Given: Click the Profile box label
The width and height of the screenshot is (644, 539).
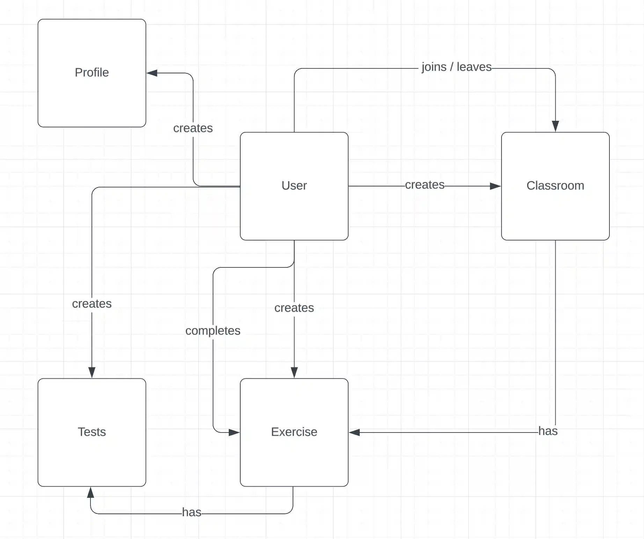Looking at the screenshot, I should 92,73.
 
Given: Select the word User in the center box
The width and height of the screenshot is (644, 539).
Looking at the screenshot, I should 294,186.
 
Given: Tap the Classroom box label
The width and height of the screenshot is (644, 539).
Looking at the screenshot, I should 555,186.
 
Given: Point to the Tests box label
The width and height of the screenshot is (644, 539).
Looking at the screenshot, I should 92,432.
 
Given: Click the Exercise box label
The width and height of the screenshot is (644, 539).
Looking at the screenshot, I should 294,432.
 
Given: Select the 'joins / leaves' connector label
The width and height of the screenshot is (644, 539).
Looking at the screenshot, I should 456,67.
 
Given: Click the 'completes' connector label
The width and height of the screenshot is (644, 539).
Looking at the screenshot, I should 213,331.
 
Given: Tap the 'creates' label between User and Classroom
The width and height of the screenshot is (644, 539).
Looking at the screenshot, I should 425,185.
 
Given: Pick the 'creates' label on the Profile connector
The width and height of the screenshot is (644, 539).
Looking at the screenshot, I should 193,128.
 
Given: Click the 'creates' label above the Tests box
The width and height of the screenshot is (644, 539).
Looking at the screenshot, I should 92,304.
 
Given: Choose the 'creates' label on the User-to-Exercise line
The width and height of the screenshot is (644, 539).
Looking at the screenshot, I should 294,308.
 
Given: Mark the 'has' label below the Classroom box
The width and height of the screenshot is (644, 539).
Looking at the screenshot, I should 548,431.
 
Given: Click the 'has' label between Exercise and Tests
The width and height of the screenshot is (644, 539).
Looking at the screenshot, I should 191,512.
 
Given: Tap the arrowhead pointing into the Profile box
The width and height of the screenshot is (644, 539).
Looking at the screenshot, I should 152,73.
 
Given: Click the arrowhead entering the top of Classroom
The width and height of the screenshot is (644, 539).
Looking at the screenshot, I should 555,126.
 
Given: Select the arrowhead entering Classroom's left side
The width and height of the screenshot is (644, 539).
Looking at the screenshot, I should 495,186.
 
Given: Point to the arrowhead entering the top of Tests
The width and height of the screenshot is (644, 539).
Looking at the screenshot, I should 92,372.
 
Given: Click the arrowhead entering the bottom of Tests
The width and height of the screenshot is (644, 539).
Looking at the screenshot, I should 90,493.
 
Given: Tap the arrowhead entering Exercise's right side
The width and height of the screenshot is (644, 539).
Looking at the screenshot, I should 354,433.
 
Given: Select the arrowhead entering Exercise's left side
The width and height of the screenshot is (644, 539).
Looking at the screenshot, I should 234,433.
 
